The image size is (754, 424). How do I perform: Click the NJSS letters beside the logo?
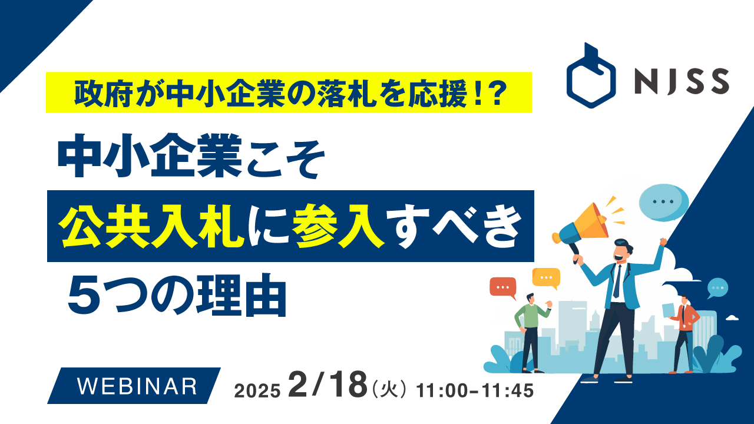point(682,82)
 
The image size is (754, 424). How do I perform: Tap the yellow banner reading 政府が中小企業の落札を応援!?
point(289,92)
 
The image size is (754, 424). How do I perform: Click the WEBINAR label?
point(138,386)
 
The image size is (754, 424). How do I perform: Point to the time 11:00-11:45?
point(475,390)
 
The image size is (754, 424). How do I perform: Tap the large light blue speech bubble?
point(664,201)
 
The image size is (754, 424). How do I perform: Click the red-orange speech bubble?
point(502,287)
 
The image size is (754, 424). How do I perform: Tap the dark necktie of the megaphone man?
point(617,281)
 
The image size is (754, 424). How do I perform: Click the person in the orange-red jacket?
point(684,333)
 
